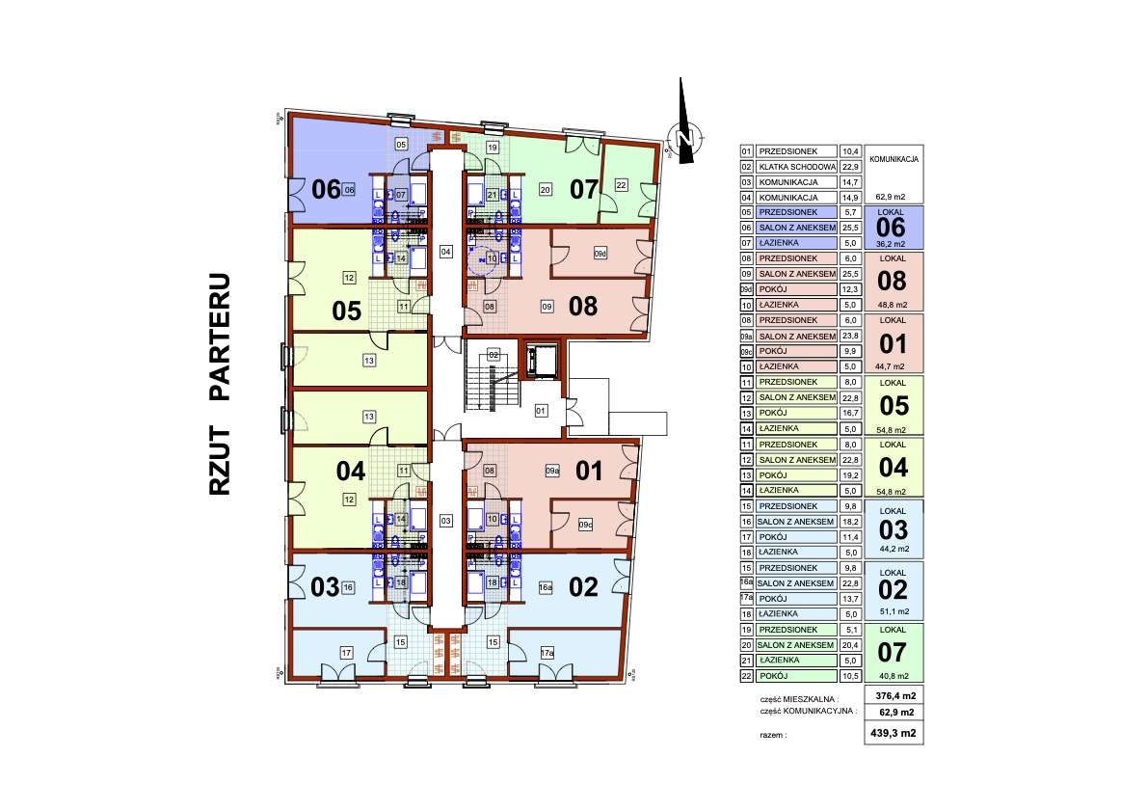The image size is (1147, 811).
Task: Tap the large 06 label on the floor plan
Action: point(326,189)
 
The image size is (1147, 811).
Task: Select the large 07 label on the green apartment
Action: point(584,189)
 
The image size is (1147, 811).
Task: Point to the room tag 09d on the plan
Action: point(600,254)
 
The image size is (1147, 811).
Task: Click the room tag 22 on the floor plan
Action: point(621,184)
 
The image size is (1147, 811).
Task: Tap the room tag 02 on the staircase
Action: point(493,355)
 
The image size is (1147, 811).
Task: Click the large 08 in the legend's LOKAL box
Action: point(894,282)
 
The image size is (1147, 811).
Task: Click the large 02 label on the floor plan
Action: point(585,586)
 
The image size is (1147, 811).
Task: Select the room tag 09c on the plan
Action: point(585,525)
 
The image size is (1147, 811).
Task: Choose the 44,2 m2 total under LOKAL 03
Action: point(894,549)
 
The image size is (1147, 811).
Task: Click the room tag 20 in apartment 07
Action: point(545,189)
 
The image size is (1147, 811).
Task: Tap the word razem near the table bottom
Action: point(773,735)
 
